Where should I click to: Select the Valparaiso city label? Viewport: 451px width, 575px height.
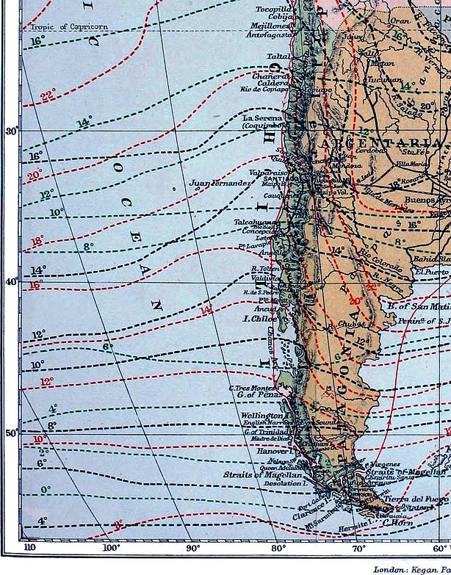point(271,172)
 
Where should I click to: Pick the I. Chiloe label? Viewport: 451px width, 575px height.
point(260,319)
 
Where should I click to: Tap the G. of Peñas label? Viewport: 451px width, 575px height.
point(260,396)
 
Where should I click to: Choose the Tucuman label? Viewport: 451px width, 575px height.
point(385,79)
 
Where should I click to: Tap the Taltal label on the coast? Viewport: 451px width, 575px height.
point(278,55)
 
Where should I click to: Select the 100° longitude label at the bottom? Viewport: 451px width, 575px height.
point(111,547)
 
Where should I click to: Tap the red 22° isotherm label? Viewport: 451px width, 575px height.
point(48,95)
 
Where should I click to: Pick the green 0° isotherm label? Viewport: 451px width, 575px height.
point(46,489)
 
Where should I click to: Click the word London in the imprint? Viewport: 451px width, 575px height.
point(390,569)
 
